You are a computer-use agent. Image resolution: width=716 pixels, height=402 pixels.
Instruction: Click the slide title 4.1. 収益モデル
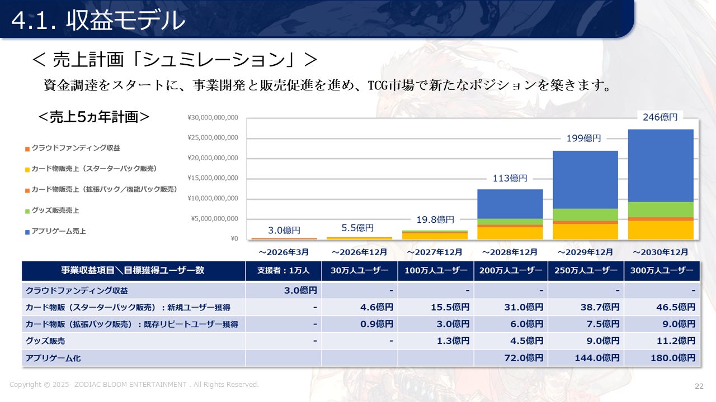pyautogui.click(x=98, y=21)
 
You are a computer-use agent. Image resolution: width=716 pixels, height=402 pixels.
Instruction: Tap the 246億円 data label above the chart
pyautogui.click(x=660, y=117)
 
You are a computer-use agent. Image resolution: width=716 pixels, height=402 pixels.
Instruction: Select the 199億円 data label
pyautogui.click(x=583, y=138)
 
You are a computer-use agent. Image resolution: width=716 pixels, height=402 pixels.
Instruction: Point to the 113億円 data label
pyautogui.click(x=510, y=178)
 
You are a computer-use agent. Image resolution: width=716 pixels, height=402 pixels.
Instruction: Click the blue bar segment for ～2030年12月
pyautogui.click(x=661, y=165)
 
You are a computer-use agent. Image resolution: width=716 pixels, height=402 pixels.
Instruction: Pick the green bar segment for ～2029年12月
pyautogui.click(x=585, y=214)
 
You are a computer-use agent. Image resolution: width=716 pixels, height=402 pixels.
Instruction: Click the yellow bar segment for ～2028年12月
pyautogui.click(x=510, y=233)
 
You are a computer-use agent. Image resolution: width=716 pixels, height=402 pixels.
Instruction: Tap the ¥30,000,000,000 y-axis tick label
pyautogui.click(x=213, y=118)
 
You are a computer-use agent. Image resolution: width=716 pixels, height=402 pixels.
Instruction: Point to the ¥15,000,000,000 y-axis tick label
pyautogui.click(x=213, y=178)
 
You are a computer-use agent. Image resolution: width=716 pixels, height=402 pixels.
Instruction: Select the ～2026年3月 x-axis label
pyautogui.click(x=284, y=252)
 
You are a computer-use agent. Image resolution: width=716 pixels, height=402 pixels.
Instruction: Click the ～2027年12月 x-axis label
pyautogui.click(x=435, y=252)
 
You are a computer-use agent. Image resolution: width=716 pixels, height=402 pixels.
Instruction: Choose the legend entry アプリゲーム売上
pyautogui.click(x=59, y=231)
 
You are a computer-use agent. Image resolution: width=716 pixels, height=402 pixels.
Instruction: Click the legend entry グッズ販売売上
pyautogui.click(x=55, y=210)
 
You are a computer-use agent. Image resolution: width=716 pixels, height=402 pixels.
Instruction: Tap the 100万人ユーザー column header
pyautogui.click(x=436, y=271)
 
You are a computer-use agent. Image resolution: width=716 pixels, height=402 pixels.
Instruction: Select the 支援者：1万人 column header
pyautogui.click(x=283, y=271)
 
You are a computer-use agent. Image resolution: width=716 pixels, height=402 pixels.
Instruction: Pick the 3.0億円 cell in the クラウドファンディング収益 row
pyautogui.click(x=300, y=291)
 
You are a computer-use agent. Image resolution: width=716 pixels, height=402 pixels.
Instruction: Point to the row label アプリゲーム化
pyautogui.click(x=53, y=358)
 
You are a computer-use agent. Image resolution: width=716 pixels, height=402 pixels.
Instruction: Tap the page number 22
pyautogui.click(x=699, y=386)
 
